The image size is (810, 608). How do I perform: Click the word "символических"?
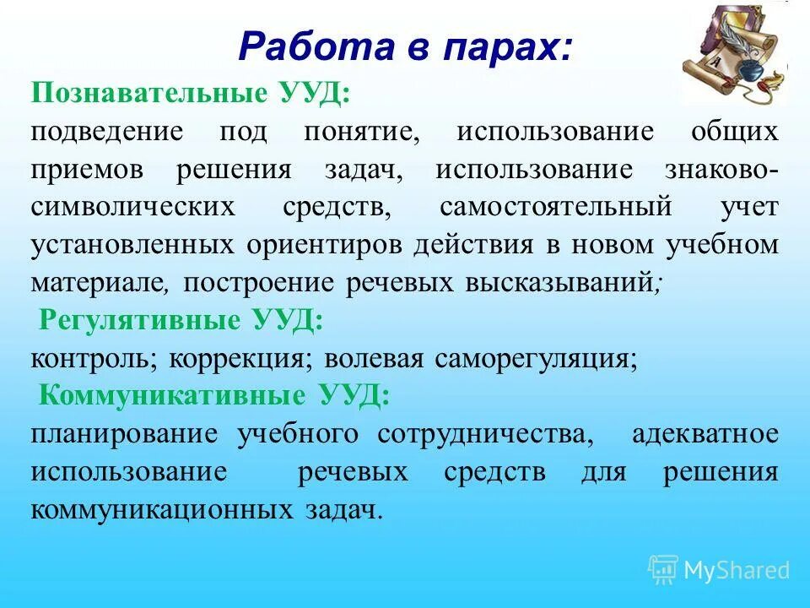point(134,207)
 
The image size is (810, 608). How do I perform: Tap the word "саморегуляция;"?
point(537,358)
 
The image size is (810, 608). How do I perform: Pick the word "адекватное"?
point(704,434)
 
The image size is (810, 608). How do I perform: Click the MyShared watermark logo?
point(719,570)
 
